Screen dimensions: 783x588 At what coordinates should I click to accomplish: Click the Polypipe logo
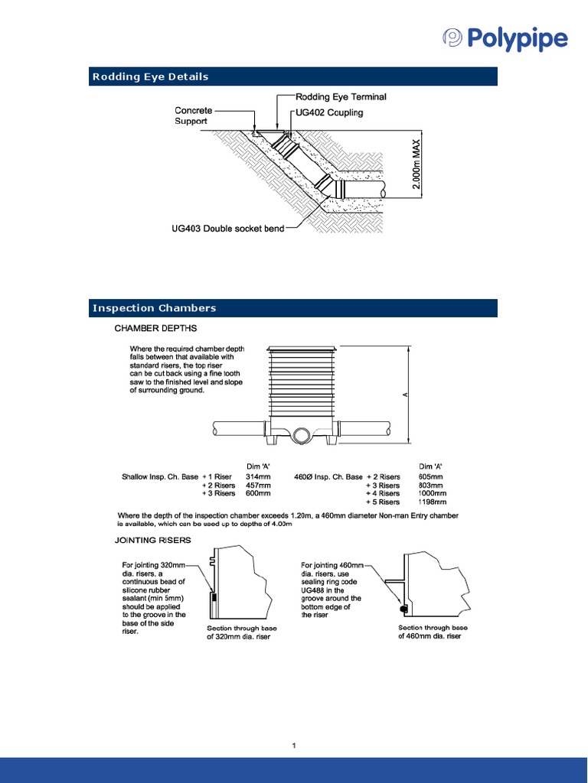(506, 38)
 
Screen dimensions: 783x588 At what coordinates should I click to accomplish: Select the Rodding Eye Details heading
(151, 76)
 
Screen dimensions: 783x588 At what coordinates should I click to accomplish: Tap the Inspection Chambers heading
(155, 308)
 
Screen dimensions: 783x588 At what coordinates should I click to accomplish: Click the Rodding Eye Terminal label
(341, 97)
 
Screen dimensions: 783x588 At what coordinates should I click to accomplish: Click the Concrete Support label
(193, 115)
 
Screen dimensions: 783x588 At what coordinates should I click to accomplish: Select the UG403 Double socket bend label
(227, 228)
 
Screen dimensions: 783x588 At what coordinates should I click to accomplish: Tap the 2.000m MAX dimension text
(416, 169)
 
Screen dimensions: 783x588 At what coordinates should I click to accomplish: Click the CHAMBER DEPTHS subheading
(155, 329)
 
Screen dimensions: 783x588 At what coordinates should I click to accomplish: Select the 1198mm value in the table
(431, 502)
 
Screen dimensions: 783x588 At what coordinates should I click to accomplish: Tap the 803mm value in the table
(431, 486)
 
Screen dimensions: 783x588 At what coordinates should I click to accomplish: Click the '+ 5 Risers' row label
(383, 502)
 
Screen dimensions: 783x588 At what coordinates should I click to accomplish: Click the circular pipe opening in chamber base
(301, 434)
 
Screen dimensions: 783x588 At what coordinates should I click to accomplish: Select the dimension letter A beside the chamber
(406, 395)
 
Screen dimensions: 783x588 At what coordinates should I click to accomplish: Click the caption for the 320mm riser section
(242, 633)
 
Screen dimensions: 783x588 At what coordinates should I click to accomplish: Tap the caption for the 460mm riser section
(430, 632)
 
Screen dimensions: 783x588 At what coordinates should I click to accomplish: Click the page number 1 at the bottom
(294, 745)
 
